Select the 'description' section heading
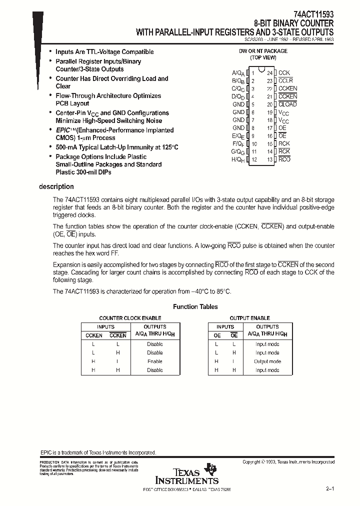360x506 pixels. pyautogui.click(x=56, y=187)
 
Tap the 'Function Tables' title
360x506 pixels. pyautogui.click(x=195, y=307)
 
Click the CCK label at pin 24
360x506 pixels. pyautogui.click(x=284, y=73)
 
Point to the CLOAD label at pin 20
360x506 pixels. pyautogui.click(x=287, y=104)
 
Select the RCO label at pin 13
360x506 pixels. pyautogui.click(x=284, y=159)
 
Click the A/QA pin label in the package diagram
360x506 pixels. pyautogui.click(x=238, y=73)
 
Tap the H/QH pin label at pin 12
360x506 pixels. pyautogui.click(x=238, y=159)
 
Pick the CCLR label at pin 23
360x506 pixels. pyautogui.click(x=285, y=81)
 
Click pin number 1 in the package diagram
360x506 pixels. pyautogui.click(x=253, y=73)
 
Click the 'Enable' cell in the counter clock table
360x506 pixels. pyautogui.click(x=154, y=361)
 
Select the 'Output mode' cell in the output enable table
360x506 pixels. pyautogui.click(x=267, y=361)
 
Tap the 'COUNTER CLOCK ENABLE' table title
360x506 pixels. pyautogui.click(x=130, y=318)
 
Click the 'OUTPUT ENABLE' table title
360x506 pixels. pyautogui.click(x=249, y=318)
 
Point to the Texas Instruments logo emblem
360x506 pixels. pyautogui.click(x=212, y=468)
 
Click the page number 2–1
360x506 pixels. pyautogui.click(x=329, y=488)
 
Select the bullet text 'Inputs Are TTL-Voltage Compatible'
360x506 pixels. pyautogui.click(x=104, y=52)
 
